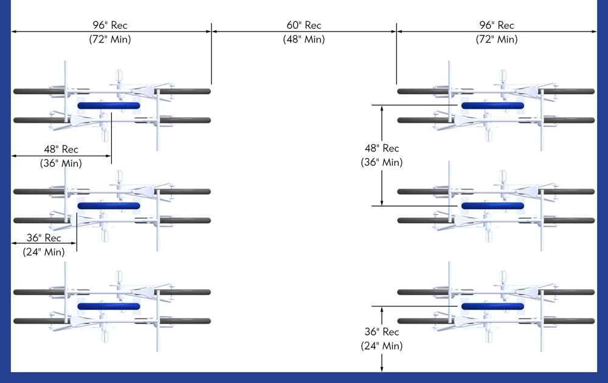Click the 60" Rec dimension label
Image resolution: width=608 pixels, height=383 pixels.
(304, 26)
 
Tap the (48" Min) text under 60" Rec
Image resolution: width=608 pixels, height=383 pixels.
(304, 40)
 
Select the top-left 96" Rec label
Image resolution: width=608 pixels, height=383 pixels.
(110, 26)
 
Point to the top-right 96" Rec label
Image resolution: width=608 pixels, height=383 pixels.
(497, 26)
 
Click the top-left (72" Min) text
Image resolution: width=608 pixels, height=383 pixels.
(110, 40)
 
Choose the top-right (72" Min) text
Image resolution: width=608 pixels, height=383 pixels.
(497, 40)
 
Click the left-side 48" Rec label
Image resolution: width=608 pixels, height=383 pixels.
(61, 149)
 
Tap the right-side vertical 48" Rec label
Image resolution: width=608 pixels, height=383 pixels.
(382, 148)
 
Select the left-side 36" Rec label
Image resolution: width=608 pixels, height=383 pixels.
(44, 238)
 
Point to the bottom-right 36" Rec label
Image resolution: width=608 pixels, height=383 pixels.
(382, 332)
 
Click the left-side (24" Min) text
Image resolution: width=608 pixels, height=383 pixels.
(44, 252)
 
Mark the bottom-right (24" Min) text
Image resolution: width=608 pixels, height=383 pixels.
(382, 346)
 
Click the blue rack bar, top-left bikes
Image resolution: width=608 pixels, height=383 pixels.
(109, 106)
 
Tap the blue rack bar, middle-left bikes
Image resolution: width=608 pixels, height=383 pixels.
(109, 206)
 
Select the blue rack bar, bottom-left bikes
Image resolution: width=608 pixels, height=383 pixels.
(109, 306)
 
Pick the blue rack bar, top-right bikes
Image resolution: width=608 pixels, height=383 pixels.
(492, 106)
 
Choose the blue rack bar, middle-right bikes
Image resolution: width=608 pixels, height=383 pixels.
(492, 206)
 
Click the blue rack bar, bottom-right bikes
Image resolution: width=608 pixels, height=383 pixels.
(492, 306)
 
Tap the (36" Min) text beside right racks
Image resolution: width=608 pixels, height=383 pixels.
(382, 162)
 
